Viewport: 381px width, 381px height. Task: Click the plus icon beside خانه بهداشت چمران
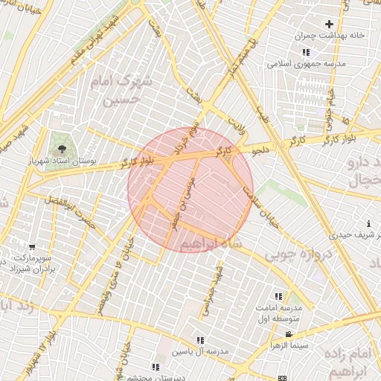pos(330,25)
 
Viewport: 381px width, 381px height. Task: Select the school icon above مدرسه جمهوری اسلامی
pos(305,52)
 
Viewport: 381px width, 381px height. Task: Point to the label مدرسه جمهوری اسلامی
pos(306,64)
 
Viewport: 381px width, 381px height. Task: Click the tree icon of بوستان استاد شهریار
pos(61,141)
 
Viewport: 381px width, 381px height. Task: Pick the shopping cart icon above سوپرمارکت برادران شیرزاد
pos(32,247)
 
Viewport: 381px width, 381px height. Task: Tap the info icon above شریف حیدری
pos(369,224)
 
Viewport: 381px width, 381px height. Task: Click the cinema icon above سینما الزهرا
pos(289,334)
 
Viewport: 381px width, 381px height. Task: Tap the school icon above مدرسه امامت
pos(279,296)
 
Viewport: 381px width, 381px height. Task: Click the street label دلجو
pos(260,150)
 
